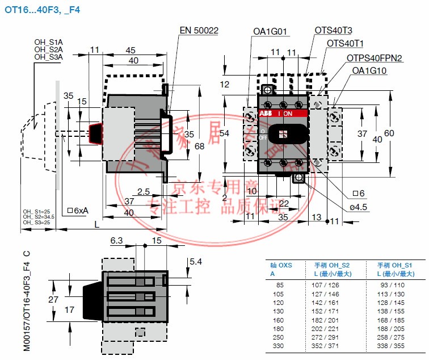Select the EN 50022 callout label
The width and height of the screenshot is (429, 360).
coord(199,31)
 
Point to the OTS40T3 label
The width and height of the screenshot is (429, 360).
coord(334,30)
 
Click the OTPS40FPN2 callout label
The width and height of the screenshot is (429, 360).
coord(375,58)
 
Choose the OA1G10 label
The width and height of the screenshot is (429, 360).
coord(369,71)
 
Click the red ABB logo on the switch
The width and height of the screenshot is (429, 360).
coord(266,114)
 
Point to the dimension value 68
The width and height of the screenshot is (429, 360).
coord(199,146)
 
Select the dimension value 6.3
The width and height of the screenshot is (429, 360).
coord(116,241)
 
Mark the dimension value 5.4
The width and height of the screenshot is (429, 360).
coord(195,262)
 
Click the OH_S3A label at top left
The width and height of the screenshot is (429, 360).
coord(48,57)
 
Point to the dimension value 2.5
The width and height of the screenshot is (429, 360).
coord(143,191)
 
